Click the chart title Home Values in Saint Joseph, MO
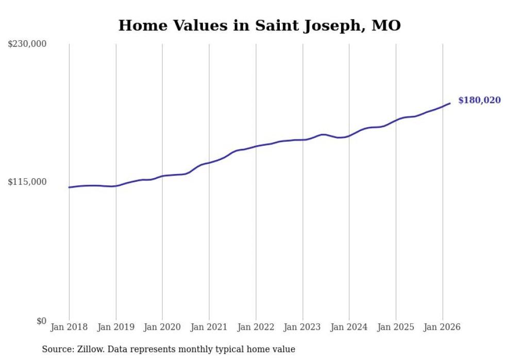[x=259, y=25]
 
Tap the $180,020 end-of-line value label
[x=479, y=100]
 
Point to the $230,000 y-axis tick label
[x=27, y=44]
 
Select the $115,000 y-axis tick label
[x=27, y=182]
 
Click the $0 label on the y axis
[x=41, y=321]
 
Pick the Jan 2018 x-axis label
[x=69, y=327]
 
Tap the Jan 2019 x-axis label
[x=116, y=327]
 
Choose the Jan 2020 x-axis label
[x=162, y=327]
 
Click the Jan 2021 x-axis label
[x=209, y=327]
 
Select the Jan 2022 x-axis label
[x=256, y=327]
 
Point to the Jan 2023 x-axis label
[x=302, y=327]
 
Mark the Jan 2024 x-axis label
[x=349, y=327]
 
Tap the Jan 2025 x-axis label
[x=396, y=327]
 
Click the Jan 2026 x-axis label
[x=442, y=327]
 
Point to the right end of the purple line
[x=450, y=104]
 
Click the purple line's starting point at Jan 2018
[x=69, y=187]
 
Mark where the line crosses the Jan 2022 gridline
[x=256, y=146]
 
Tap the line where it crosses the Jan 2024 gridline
[x=349, y=136]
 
